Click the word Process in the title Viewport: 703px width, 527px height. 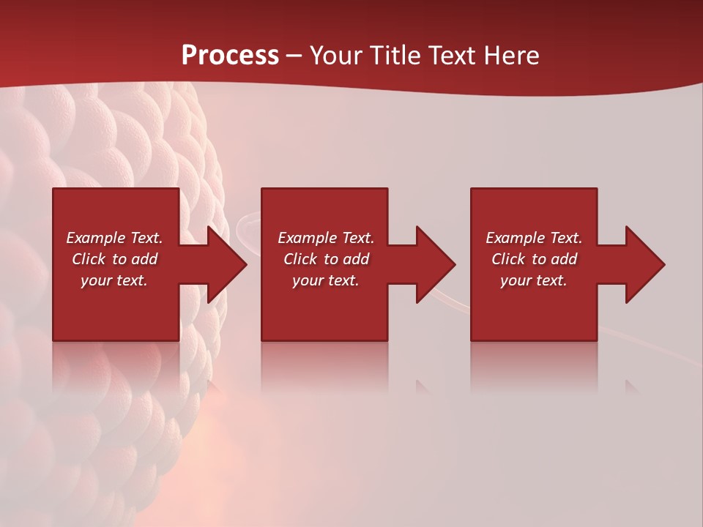tap(230, 56)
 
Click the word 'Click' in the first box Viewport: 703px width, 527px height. tap(89, 259)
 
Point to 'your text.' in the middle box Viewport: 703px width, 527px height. tap(325, 280)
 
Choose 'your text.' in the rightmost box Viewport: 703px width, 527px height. tap(533, 280)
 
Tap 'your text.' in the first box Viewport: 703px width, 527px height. tap(114, 280)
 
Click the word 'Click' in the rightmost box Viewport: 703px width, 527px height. tap(508, 259)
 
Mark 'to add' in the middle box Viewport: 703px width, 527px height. tap(346, 259)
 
